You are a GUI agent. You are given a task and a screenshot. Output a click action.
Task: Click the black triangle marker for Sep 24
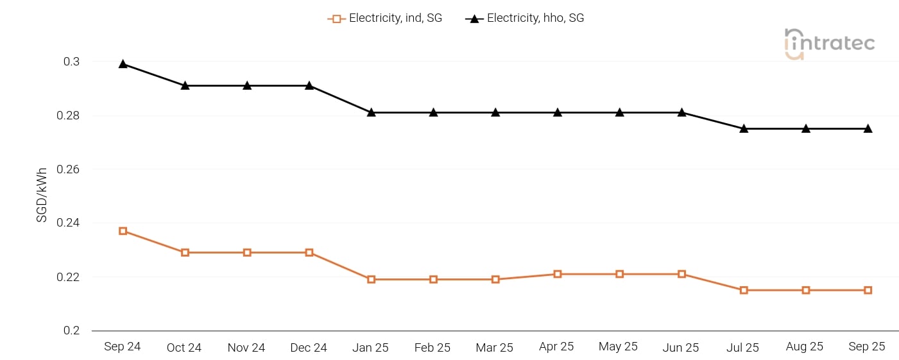pos(123,64)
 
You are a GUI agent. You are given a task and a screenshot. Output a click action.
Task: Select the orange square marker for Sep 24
pos(123,231)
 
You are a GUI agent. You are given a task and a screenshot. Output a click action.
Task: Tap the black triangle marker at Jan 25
pos(371,112)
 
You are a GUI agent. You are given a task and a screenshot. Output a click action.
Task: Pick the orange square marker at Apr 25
pos(558,274)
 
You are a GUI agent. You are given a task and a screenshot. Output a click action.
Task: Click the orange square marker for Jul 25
pos(744,290)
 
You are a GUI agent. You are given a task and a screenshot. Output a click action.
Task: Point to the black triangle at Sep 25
pos(868,128)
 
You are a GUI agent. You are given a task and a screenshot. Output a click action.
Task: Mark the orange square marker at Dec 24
pos(309,252)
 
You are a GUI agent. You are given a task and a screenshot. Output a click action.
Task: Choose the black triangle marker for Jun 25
pos(681,112)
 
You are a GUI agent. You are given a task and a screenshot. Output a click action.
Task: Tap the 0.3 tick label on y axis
pos(71,62)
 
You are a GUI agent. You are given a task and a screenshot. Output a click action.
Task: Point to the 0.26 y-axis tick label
pos(67,169)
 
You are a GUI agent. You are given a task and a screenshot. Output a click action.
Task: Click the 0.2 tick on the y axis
pos(71,330)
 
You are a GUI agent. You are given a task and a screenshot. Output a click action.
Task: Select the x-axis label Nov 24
pos(246,348)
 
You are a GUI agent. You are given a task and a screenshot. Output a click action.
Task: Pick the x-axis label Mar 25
pos(494,348)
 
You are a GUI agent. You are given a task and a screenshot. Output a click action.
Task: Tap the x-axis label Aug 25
pos(805,347)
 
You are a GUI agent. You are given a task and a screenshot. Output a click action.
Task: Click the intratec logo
pos(829,44)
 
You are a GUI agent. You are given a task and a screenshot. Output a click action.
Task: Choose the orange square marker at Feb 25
pos(433,279)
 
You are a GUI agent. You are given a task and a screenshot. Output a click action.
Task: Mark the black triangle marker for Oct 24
pos(185,85)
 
